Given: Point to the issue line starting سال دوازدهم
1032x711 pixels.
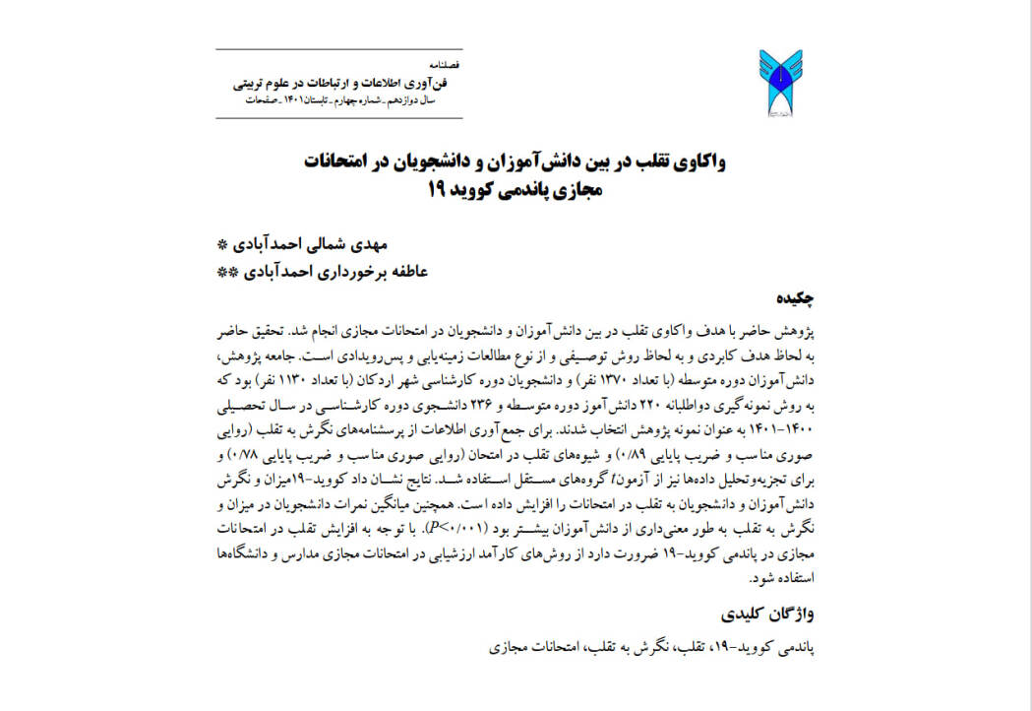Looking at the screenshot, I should [x=349, y=101].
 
